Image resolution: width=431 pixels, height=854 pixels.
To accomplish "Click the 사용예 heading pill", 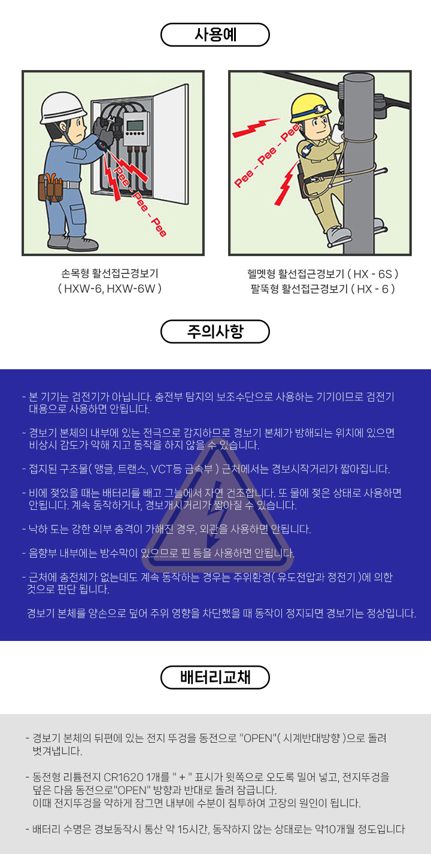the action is [x=215, y=35].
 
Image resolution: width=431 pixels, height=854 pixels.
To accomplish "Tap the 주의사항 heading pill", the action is [x=215, y=332].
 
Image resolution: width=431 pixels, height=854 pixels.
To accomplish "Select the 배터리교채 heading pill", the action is [x=215, y=677].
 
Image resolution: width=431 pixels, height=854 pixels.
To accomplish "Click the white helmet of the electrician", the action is [x=63, y=108].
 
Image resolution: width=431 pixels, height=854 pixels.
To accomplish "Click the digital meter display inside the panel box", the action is [x=135, y=124].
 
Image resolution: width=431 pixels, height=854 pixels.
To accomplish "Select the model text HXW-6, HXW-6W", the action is [x=110, y=288].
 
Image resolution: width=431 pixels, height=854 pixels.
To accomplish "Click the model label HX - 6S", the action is [x=373, y=273].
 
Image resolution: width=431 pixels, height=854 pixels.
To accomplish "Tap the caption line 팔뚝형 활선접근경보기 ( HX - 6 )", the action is [x=323, y=289].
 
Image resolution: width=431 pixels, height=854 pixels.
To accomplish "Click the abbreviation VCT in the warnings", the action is [x=162, y=469].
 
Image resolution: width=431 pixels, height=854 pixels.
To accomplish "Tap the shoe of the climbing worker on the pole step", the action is [x=339, y=234].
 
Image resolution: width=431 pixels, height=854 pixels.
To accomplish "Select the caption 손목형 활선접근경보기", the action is [x=110, y=273].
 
